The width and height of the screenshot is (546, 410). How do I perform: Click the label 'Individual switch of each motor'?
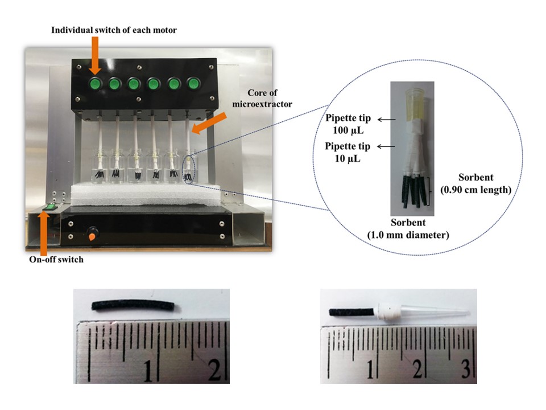click(114, 30)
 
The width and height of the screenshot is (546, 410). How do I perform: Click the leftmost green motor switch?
click(94, 85)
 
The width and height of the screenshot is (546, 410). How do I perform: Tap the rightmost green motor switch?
click(194, 85)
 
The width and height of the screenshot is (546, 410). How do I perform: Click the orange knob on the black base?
click(92, 233)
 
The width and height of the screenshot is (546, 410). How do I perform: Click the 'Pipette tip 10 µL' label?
click(348, 152)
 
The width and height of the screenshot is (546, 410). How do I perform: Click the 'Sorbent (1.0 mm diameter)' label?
click(416, 228)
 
